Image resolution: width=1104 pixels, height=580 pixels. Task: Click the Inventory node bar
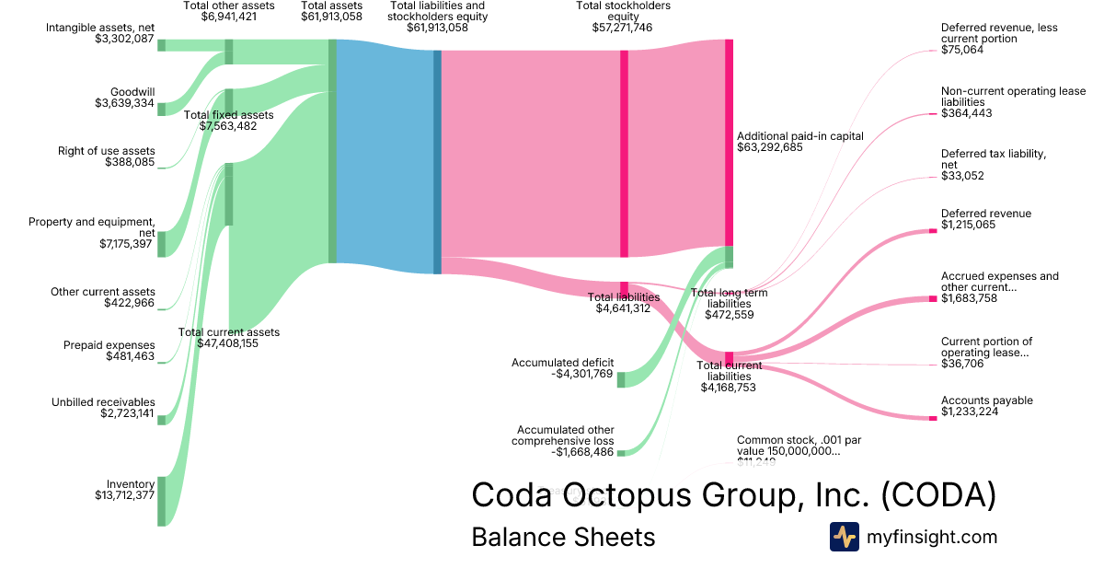161,501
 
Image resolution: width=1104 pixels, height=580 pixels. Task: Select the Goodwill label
132,92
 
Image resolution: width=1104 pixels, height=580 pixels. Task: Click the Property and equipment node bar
161,244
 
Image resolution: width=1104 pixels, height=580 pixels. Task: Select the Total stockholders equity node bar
624,153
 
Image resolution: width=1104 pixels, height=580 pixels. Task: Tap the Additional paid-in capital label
799,136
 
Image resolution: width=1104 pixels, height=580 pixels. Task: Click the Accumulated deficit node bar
620,379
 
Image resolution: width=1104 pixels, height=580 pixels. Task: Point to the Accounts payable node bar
932,418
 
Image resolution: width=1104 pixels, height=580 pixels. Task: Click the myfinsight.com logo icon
844,537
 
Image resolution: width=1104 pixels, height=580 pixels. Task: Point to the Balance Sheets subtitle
563,537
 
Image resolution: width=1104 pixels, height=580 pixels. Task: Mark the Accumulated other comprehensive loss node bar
620,452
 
